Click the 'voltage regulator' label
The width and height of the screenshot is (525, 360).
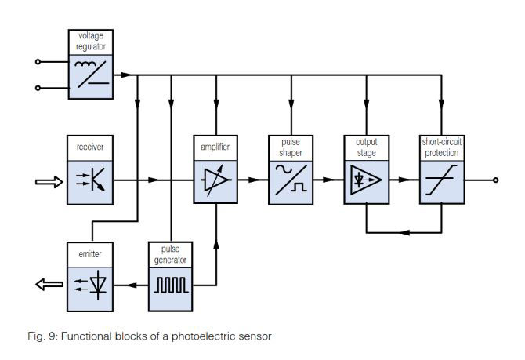point(91,42)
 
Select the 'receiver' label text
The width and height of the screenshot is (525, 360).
point(91,147)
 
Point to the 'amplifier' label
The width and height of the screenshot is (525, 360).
point(215,147)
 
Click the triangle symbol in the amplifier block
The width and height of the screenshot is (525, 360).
point(215,181)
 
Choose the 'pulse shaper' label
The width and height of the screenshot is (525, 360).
point(291,147)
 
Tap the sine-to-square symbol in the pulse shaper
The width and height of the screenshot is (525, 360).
point(291,181)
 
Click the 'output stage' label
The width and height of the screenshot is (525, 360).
point(367,147)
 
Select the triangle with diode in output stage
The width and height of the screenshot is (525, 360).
point(366,181)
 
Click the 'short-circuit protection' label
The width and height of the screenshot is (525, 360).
point(441,147)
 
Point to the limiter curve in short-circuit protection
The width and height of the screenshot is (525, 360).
point(441,181)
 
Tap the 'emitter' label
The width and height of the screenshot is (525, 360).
point(91,254)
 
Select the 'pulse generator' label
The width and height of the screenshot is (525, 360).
point(170,254)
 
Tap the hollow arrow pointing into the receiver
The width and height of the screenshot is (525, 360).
point(47,182)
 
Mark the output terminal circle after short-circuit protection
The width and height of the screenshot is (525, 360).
point(495,180)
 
